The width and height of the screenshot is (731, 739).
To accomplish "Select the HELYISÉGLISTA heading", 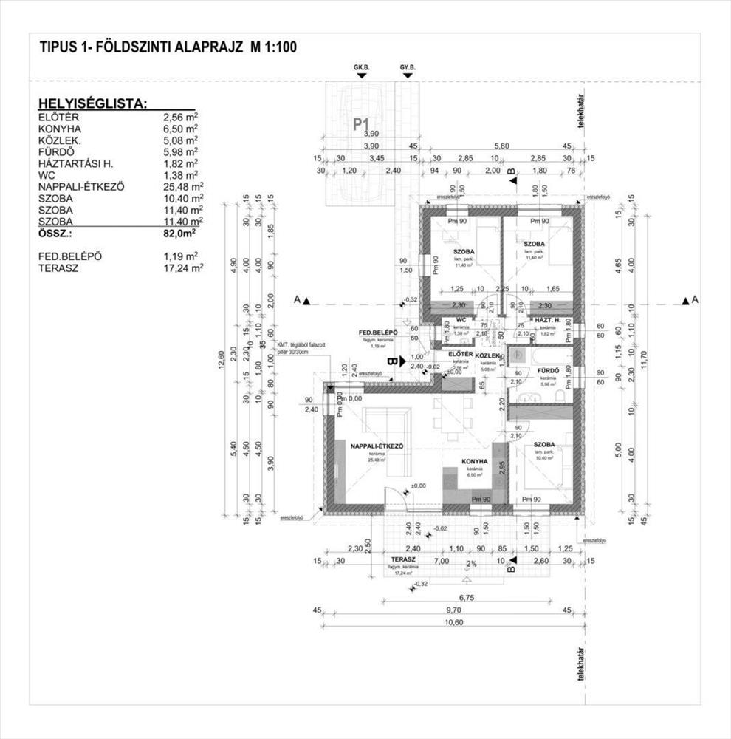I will tap(92, 103).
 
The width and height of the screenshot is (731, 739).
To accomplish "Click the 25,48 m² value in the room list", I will tap(183, 187).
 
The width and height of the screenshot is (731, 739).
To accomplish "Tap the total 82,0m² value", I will tap(179, 234).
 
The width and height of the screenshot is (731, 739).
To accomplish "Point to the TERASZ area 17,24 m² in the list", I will tap(183, 268).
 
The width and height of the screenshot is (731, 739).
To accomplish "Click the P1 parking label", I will tap(361, 123).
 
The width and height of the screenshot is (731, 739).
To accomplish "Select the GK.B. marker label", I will tap(361, 67).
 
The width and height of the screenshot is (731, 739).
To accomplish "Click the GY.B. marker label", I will tap(408, 67).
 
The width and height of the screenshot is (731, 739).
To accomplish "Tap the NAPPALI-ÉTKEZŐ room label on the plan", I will tap(376, 446).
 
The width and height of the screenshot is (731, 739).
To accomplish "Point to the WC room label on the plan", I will tap(461, 320).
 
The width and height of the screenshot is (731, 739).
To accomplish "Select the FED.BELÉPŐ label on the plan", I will tap(378, 333).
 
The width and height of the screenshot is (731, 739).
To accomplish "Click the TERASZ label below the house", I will tap(404, 560).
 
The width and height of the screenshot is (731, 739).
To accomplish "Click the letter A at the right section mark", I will tap(695, 299).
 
